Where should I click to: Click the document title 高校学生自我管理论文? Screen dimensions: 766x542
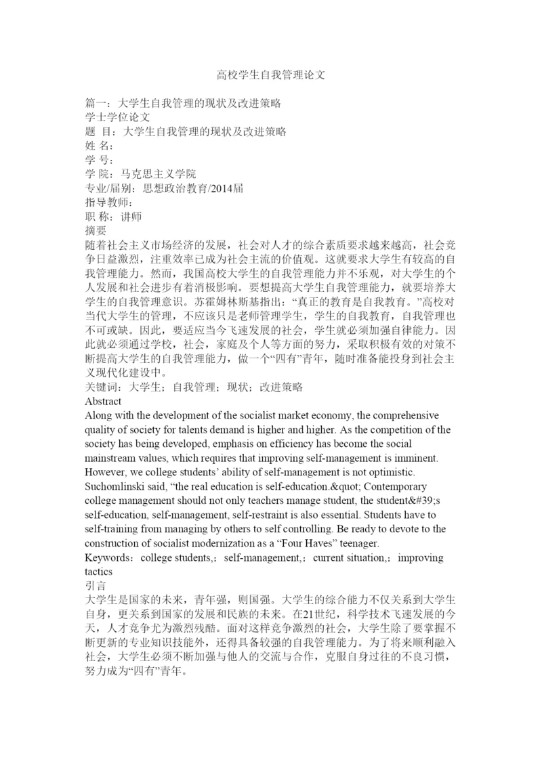click(271, 74)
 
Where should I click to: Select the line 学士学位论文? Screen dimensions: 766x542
click(112, 118)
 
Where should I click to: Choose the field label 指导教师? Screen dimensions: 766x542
click(104, 203)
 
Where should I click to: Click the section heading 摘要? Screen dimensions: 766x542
click(93, 231)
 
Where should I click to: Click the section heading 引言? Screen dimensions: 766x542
click(93, 586)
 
